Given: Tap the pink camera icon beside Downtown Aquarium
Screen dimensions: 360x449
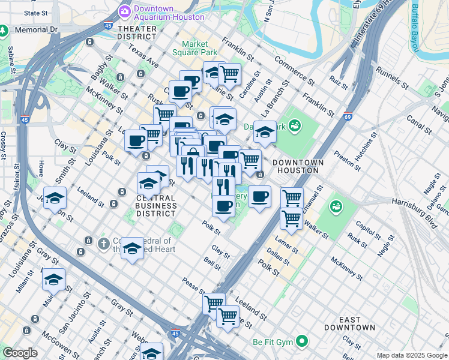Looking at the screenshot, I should [125, 10].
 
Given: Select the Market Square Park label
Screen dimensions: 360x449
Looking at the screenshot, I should [195, 47].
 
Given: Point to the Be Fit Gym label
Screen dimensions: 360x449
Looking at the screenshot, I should [271, 342].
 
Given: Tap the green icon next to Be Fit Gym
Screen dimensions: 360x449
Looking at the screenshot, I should [302, 342].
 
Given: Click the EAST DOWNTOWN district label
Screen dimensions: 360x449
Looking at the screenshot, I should [349, 323].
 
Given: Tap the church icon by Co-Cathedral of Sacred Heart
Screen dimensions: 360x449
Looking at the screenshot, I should [104, 243].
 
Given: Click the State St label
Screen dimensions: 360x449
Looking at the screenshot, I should [36, 12].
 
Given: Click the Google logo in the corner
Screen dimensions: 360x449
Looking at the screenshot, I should [20, 352].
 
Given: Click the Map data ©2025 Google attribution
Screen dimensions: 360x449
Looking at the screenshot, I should [411, 355].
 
